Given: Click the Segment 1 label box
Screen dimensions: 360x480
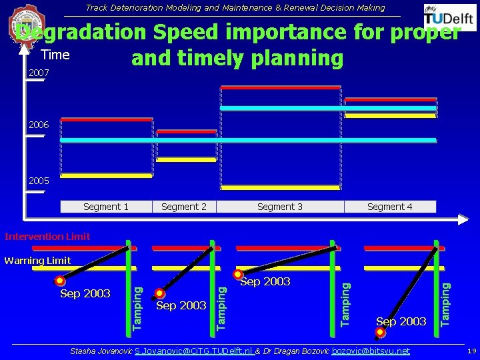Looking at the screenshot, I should tap(106, 207).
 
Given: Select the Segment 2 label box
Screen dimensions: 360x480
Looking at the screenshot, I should tap(184, 207).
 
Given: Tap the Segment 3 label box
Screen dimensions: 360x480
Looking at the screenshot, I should tap(280, 207).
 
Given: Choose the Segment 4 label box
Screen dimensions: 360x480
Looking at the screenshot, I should tap(390, 207).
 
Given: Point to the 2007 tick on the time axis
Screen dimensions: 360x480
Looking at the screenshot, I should tap(38, 72).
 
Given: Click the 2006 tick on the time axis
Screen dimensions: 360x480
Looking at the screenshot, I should tap(38, 125).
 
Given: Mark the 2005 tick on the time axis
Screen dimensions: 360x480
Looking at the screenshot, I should tap(38, 181).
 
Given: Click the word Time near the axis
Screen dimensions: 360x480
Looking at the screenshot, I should tap(55, 53).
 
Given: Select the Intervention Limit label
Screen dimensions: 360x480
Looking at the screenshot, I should tap(47, 237).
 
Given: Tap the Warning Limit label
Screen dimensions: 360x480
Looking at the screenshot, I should tap(37, 261).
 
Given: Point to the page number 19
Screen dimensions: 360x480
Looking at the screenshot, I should tap(471, 351).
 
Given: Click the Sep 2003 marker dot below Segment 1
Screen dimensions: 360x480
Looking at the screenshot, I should tap(60, 281).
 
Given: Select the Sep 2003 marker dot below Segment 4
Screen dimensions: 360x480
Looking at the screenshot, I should tap(380, 331).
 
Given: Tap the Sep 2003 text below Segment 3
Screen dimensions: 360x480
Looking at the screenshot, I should tap(265, 282).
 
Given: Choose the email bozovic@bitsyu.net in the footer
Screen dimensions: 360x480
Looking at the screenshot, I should tap(371, 351).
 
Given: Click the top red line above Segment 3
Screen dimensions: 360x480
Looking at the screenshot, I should tap(280, 87).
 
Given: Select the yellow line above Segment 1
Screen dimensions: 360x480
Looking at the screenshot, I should tap(106, 176).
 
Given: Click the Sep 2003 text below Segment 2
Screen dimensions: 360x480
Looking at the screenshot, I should tap(181, 305).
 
